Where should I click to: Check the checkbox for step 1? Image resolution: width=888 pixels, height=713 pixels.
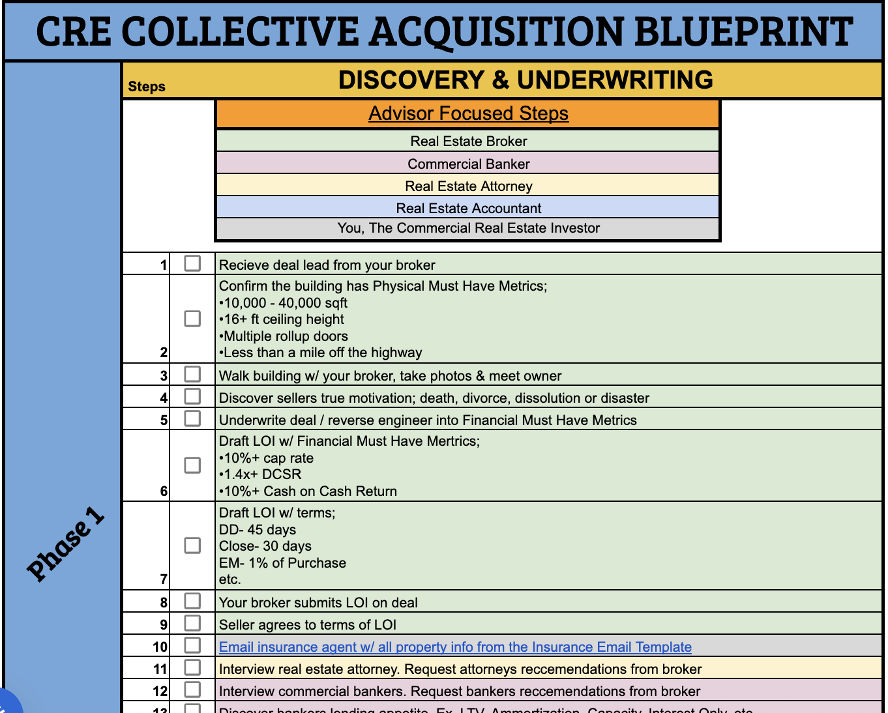[x=192, y=263]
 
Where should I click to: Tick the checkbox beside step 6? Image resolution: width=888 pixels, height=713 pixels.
[x=192, y=465]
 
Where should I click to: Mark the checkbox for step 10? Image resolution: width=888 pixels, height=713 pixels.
[x=192, y=645]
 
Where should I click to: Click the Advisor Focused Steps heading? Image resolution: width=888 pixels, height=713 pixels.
[x=468, y=113]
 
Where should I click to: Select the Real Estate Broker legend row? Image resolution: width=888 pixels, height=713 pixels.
[x=468, y=141]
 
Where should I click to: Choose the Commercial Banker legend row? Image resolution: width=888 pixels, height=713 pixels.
[x=468, y=164]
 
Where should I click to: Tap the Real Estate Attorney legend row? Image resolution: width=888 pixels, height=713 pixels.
[x=468, y=186]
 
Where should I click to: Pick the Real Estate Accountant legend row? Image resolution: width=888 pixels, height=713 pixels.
[x=468, y=208]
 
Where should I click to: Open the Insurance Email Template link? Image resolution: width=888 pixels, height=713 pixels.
[x=455, y=647]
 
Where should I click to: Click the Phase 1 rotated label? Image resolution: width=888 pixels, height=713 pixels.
[x=65, y=544]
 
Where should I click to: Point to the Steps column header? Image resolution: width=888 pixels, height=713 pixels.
[x=147, y=87]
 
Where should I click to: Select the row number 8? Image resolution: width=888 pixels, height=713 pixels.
[x=164, y=603]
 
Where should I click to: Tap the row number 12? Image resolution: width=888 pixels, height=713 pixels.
[x=160, y=691]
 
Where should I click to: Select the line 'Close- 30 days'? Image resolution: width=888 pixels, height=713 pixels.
[x=265, y=546]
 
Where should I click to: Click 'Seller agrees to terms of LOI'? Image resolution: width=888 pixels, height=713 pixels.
[x=308, y=625]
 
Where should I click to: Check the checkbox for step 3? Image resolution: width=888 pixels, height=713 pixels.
[x=192, y=374]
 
